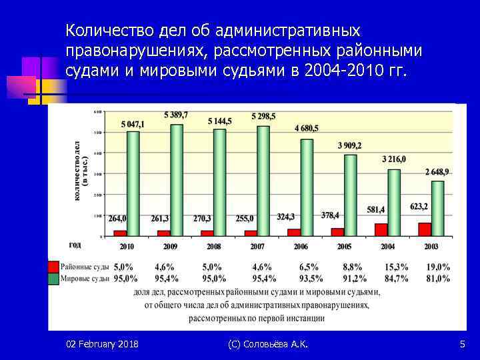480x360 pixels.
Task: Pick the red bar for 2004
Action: [381, 229]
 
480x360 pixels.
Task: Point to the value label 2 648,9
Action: [437, 172]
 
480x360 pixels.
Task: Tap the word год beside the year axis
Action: [75, 245]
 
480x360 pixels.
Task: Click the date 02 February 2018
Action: [102, 344]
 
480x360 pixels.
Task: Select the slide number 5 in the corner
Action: [462, 344]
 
